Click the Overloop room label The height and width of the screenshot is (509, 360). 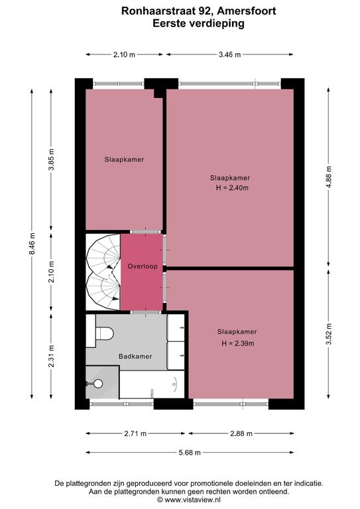[143, 266]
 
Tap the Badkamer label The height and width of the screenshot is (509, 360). [135, 356]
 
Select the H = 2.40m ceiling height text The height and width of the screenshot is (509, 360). [232, 188]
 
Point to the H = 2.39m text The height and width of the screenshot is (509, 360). [238, 343]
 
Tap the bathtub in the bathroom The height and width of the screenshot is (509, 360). [152, 384]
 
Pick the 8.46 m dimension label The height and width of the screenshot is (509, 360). [32, 244]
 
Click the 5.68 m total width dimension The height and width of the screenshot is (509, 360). [190, 453]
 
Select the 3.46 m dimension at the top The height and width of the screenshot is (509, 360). [230, 54]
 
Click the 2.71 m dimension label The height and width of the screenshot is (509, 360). [135, 433]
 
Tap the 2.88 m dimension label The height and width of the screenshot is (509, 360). [241, 433]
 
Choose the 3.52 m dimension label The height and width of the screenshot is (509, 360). [329, 334]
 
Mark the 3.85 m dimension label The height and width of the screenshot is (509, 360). [52, 159]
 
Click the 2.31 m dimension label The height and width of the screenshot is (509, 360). [52, 357]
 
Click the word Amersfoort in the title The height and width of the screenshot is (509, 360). [247, 11]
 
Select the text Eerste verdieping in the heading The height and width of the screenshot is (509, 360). [198, 23]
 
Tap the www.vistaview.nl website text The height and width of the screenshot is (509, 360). [192, 500]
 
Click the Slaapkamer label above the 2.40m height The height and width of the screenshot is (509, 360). [230, 178]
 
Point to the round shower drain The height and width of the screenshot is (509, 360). [98, 384]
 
